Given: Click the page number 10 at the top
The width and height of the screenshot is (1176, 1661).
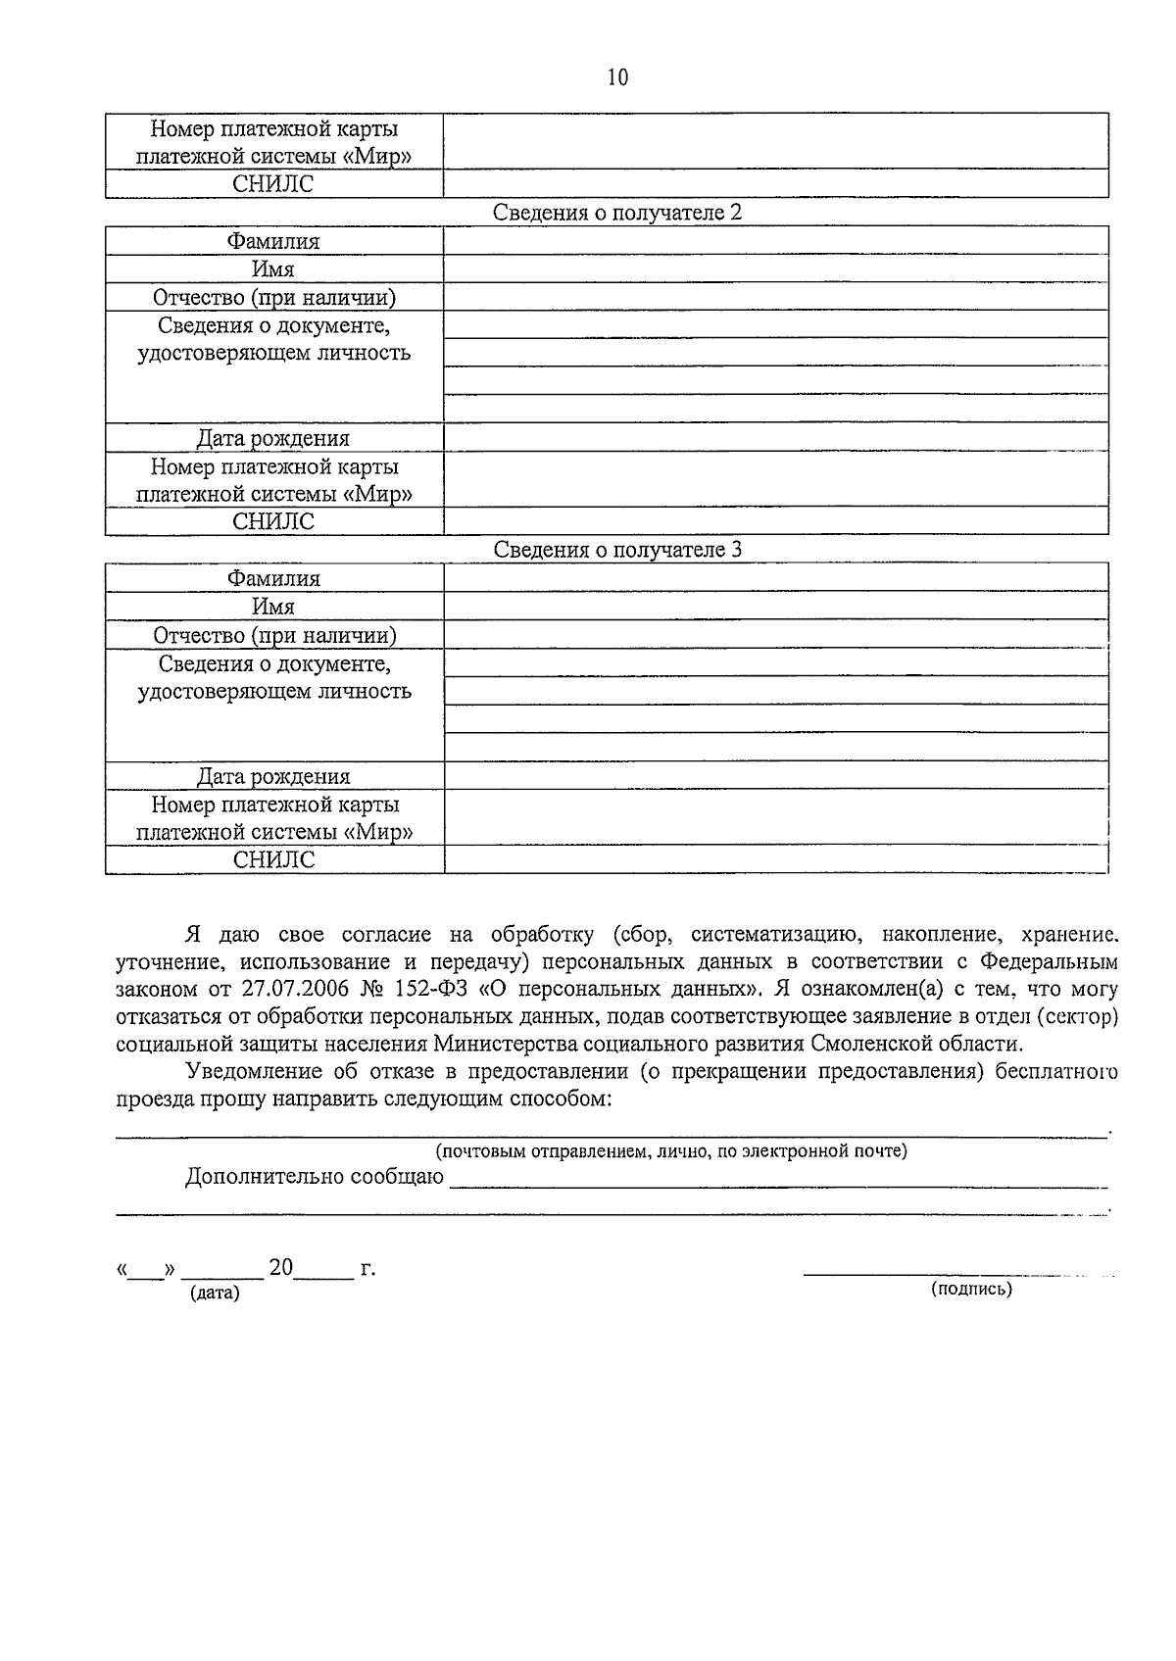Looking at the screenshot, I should point(617,77).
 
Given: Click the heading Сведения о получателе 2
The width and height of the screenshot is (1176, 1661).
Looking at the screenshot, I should point(616,213).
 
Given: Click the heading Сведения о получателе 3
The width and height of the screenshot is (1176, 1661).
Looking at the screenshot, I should point(616,550).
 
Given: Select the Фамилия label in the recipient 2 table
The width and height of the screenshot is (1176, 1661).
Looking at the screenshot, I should point(273,241).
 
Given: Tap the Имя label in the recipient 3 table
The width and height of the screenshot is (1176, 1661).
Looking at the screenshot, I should point(273,607).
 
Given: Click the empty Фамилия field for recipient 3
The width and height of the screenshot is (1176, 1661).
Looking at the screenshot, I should point(775,578).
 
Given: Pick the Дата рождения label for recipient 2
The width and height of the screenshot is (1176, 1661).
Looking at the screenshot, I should point(273,438).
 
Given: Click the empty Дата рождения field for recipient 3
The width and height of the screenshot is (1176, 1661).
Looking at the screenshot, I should point(775,776).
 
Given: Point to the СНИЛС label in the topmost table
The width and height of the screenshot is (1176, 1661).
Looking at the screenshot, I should point(273,184).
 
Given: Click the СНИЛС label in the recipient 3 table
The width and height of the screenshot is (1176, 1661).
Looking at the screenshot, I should point(273,859).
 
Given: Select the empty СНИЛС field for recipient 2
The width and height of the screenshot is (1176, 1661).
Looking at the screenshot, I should point(775,521).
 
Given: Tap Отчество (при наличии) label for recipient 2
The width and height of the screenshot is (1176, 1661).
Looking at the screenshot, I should point(273,298).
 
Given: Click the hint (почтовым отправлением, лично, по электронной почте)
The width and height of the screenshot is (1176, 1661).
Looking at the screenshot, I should point(671,1150).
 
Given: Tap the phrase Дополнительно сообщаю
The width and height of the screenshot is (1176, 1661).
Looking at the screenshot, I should point(314,1177).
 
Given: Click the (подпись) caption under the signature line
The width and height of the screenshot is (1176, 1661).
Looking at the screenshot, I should point(971,1289).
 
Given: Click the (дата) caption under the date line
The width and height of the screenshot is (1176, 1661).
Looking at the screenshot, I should point(215,1293).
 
